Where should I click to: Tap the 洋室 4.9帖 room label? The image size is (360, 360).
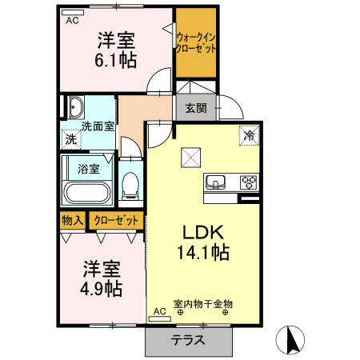[x=102, y=277]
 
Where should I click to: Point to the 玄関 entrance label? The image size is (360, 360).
[x=195, y=108]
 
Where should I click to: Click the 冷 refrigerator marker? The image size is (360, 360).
[x=249, y=136]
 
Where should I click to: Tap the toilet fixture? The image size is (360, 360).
[x=130, y=186]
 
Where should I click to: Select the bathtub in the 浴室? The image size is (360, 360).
[x=86, y=192]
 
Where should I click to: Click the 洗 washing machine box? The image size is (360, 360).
[x=70, y=138]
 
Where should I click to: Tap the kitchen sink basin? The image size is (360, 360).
[x=216, y=182]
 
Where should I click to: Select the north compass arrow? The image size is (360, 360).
[x=291, y=340]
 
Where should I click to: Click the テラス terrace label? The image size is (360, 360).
[x=189, y=340]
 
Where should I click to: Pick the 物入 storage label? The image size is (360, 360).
[x=72, y=219]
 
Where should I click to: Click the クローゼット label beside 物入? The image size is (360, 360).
[x=117, y=219]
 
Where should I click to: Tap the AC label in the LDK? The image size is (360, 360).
[x=158, y=310]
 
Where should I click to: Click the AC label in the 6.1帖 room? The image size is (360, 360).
[x=72, y=21]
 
